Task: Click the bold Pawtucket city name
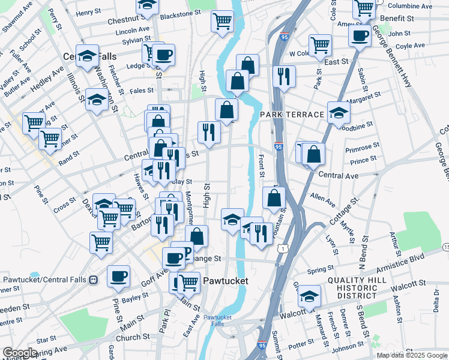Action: tap(224, 280)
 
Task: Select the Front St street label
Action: tap(261, 166)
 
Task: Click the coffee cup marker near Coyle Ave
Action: tap(360, 35)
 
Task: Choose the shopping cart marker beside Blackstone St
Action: tap(222, 21)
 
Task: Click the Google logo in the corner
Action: tap(20, 352)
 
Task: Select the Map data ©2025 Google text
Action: tap(411, 355)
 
